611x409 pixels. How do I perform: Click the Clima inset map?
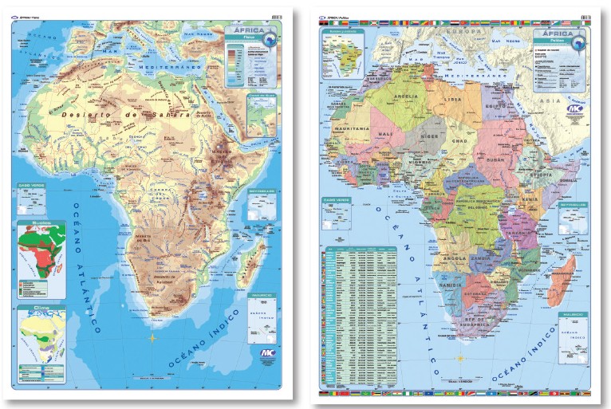point(41,334)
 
